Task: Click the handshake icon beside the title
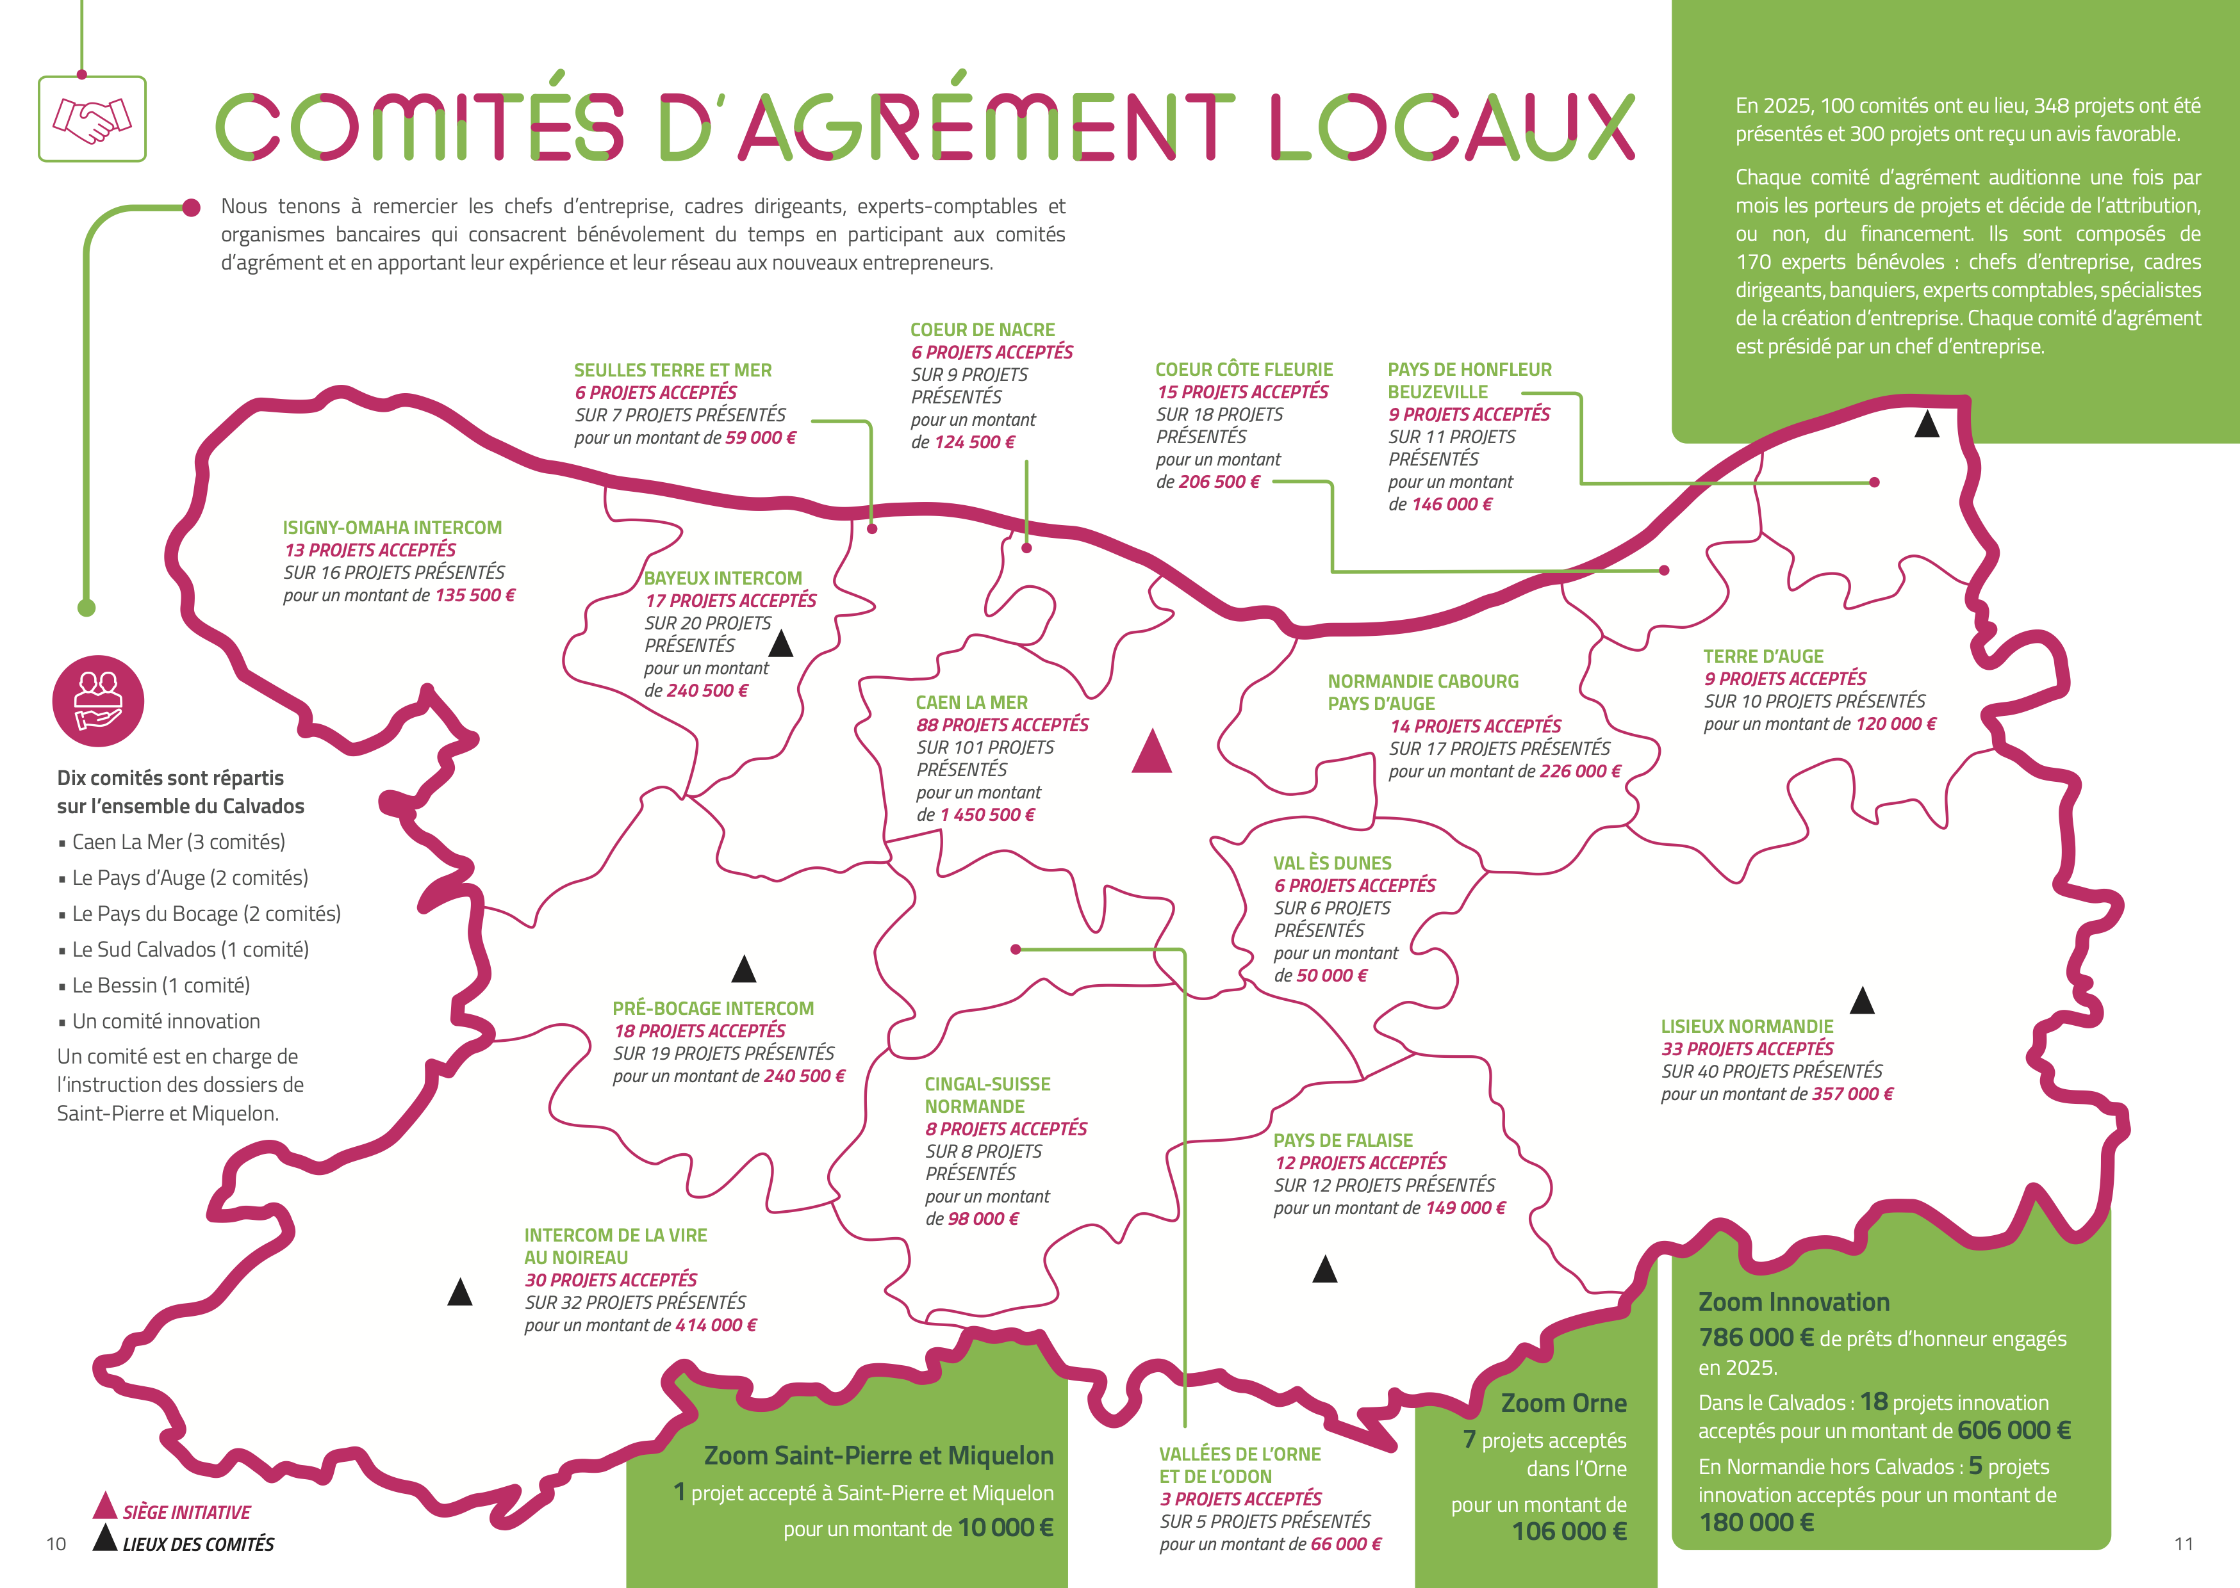92,118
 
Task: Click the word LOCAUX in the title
1452,127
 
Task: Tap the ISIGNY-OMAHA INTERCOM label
392,527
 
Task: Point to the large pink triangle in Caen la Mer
1151,752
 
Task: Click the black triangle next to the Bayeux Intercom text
780,644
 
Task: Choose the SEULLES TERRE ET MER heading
673,369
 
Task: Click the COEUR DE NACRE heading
982,330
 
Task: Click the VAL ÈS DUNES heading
1331,863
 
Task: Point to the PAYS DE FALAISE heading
1342,1140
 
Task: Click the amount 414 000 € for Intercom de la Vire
716,1325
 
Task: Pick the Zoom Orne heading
1563,1403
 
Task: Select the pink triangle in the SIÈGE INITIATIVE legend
104,1507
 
